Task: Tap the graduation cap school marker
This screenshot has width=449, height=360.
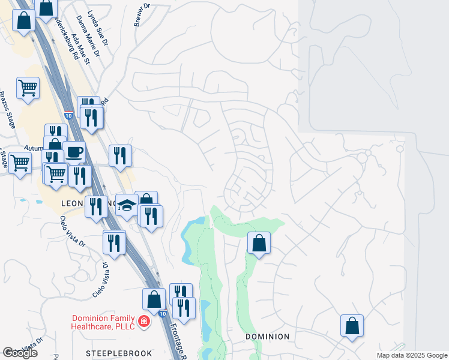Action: [127, 205]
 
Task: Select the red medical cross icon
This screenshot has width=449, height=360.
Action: [143, 323]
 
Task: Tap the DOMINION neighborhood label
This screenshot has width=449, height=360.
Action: [268, 337]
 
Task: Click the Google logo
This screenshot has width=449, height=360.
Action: [20, 353]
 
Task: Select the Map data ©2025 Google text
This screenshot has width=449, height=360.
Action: [412, 355]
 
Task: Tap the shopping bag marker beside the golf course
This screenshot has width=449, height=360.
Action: [259, 243]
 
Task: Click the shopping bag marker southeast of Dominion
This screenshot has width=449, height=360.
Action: [352, 326]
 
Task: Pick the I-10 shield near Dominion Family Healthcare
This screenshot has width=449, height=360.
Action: [163, 313]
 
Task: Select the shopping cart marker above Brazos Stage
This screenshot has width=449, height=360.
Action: [28, 88]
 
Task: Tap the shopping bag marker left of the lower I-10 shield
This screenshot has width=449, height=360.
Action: [154, 299]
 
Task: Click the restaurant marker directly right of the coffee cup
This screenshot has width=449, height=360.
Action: [119, 155]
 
